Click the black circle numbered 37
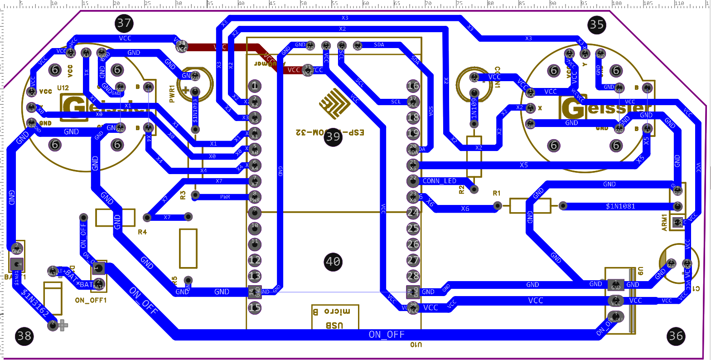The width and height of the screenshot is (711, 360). [x=124, y=23]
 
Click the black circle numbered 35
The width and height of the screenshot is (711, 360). [x=596, y=24]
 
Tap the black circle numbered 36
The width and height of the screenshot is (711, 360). [x=676, y=336]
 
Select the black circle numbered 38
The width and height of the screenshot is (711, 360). [x=24, y=336]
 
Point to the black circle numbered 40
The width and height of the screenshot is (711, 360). [x=333, y=262]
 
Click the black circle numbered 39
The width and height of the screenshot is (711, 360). [x=333, y=136]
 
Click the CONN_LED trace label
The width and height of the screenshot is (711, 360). [x=439, y=181]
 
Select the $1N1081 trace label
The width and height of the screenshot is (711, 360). [x=620, y=206]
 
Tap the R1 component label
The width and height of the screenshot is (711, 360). [x=497, y=193]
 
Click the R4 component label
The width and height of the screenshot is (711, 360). [x=142, y=232]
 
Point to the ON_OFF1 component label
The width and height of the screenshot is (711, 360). [x=91, y=300]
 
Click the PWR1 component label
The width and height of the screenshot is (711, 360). [x=172, y=93]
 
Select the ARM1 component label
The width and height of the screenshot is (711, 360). [x=664, y=222]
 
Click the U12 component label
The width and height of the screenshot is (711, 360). [x=63, y=88]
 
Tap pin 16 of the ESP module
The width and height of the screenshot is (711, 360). [x=413, y=86]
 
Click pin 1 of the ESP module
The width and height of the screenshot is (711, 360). [x=255, y=86]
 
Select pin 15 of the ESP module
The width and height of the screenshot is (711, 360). [x=255, y=307]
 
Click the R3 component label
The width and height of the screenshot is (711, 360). [x=183, y=195]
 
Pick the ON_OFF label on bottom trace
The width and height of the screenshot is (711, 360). [x=386, y=335]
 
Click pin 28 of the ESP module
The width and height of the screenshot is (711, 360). [x=413, y=276]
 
